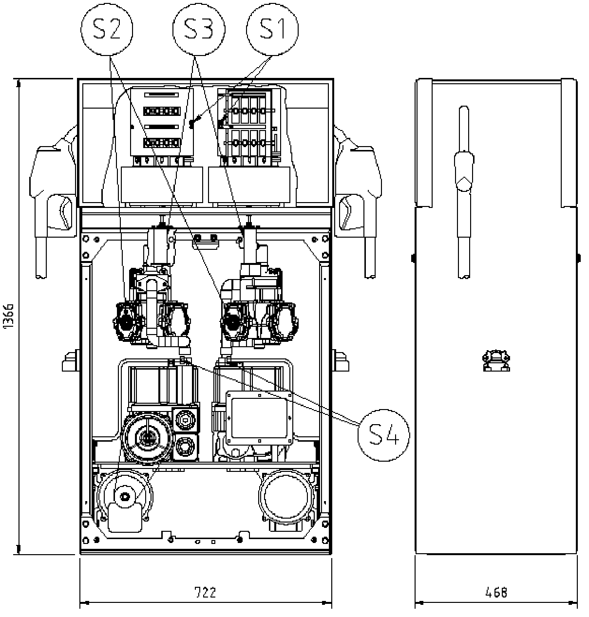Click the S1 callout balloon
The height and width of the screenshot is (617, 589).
tap(272, 29)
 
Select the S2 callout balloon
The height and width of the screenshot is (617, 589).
tap(107, 29)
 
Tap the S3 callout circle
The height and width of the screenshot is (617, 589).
tap(199, 29)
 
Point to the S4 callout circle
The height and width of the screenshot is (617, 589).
tap(384, 435)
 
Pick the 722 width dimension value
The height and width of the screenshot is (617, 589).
tap(205, 592)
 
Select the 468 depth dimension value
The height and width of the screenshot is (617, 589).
tap(496, 592)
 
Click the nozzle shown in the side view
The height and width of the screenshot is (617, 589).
tap(464, 191)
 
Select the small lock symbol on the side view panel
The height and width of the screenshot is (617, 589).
tap(496, 360)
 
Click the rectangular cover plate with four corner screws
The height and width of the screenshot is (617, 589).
tap(259, 418)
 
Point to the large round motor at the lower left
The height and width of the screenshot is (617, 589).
tap(147, 438)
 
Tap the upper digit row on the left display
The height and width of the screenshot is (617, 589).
tap(162, 111)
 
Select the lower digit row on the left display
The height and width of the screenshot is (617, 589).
tap(162, 143)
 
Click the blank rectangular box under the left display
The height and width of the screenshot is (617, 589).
tap(162, 185)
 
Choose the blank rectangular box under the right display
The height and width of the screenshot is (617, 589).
tap(249, 185)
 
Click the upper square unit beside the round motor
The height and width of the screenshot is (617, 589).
tap(186, 420)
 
